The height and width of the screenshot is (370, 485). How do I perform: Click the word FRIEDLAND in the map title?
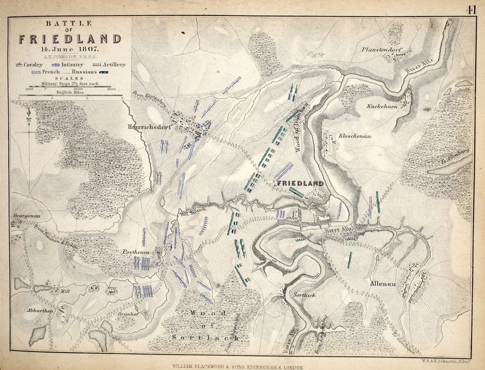(70, 39)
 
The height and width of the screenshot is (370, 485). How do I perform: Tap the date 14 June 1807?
(70, 48)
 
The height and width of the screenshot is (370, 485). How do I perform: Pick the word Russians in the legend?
(85, 71)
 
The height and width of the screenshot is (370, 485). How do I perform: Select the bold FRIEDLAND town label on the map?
(299, 184)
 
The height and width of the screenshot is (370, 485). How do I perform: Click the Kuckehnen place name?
(382, 106)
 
